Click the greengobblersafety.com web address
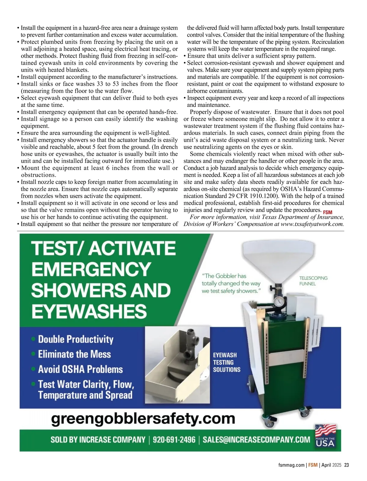click(x=143, y=418)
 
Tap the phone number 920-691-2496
click(x=174, y=439)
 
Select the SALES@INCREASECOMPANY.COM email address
click(x=256, y=439)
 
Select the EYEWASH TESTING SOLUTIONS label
click(x=227, y=362)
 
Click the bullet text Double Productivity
click(x=76, y=339)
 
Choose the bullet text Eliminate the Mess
click(x=74, y=354)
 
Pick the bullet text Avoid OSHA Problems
click(x=80, y=369)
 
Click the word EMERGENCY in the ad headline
click(x=91, y=269)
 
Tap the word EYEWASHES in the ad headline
click(x=89, y=311)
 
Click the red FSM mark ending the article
click(x=328, y=212)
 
